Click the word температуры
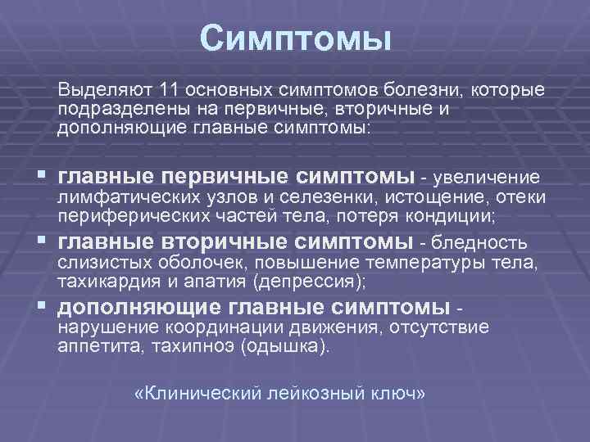(420, 264)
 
